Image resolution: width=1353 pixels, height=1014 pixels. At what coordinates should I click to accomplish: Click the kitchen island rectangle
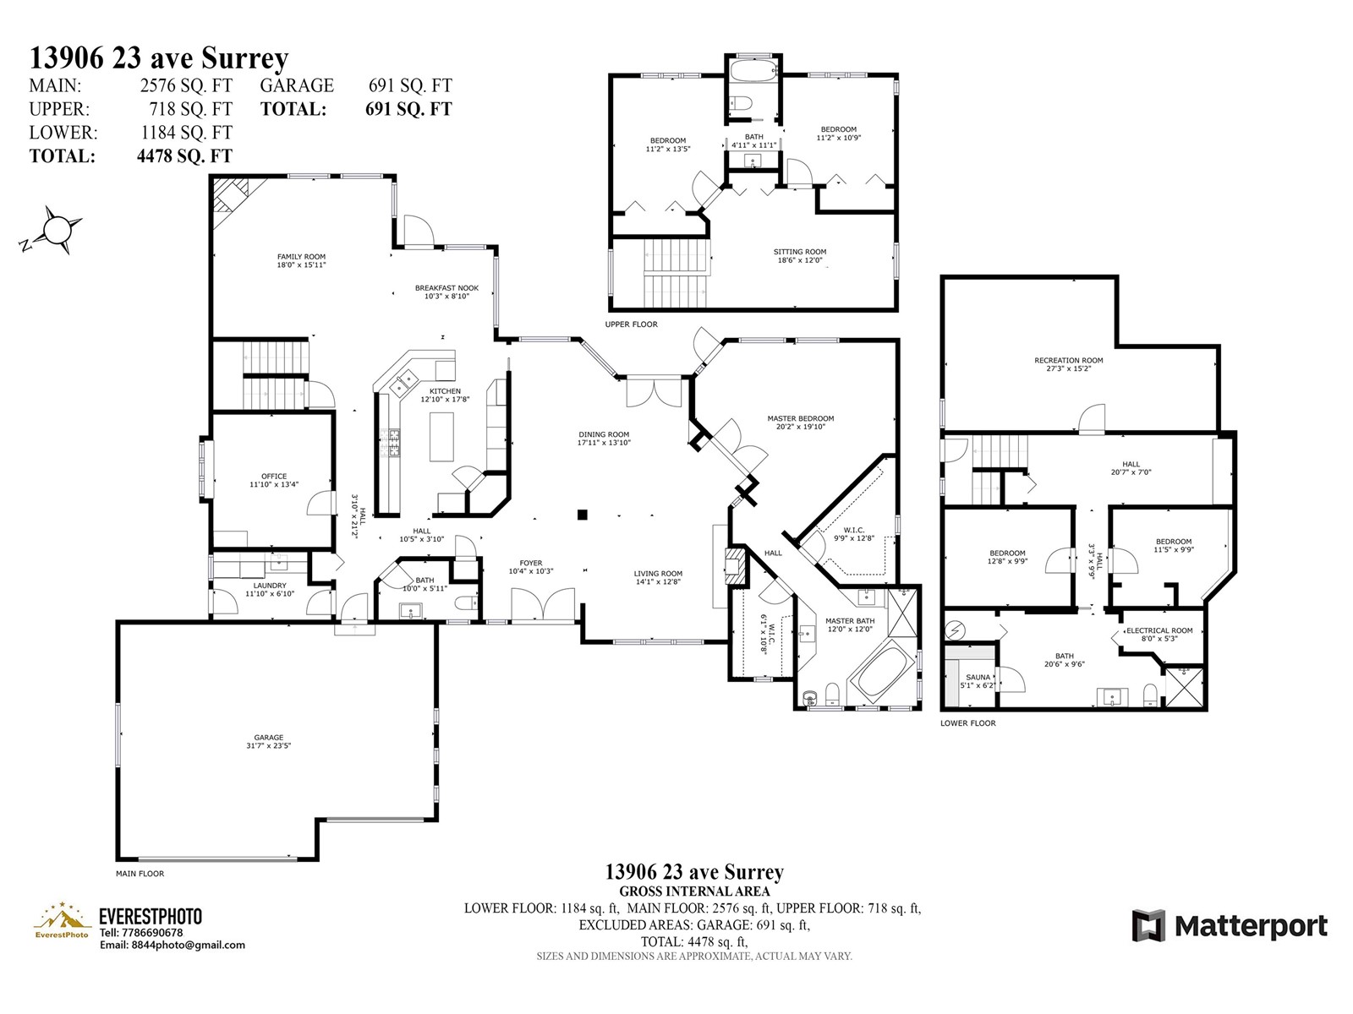[441, 437]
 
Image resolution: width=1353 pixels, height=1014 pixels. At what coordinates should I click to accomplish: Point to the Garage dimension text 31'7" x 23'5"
[268, 745]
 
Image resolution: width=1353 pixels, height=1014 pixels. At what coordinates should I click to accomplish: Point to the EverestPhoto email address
[172, 945]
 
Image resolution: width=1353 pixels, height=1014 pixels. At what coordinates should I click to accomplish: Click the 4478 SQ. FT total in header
[184, 155]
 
